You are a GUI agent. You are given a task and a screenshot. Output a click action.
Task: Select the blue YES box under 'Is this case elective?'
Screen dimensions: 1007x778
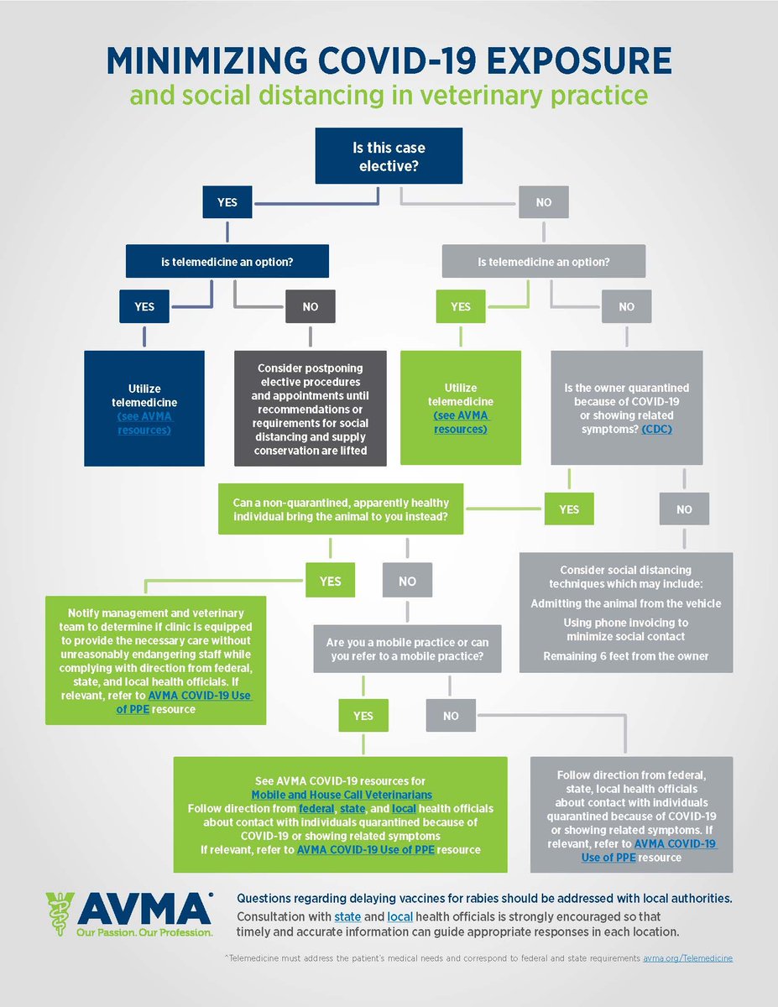coord(227,202)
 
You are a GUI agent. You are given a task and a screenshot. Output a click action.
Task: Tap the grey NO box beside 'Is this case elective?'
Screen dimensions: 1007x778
coord(544,202)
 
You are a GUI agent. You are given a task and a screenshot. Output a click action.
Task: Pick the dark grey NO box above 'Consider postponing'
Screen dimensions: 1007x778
coord(311,306)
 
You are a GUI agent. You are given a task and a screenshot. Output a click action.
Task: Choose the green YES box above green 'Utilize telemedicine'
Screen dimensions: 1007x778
coord(461,306)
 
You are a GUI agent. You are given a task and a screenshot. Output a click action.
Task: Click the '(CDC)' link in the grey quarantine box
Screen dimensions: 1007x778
coord(657,429)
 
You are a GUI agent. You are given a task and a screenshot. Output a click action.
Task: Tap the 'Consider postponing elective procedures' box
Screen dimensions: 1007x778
coord(311,408)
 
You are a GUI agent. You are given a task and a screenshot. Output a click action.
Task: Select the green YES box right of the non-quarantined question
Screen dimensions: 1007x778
coord(569,509)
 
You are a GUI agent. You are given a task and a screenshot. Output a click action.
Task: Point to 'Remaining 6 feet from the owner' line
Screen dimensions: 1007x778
coord(625,655)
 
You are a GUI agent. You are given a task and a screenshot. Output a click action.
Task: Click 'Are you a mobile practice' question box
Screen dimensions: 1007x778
coord(407,649)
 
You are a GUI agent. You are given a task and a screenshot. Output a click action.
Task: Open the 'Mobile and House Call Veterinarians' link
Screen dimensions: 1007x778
coord(342,793)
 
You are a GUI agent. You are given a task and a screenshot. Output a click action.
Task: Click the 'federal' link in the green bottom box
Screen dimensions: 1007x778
coord(316,808)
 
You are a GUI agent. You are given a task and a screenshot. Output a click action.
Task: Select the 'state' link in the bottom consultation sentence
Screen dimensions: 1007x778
coord(347,917)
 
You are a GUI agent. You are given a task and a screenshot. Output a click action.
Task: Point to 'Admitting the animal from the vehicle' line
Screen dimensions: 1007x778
coord(625,603)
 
